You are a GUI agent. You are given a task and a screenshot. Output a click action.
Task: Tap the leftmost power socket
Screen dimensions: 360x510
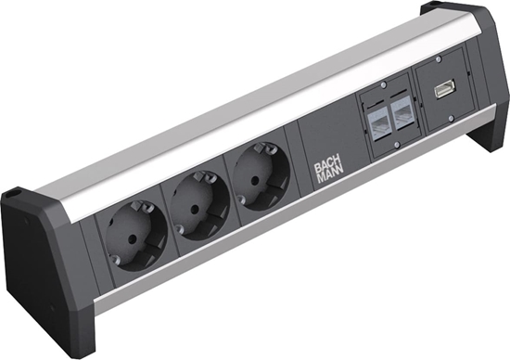(136, 239)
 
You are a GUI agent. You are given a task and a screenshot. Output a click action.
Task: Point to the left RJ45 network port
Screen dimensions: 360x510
(378, 122)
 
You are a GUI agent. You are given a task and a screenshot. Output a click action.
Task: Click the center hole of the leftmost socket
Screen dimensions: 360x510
(136, 243)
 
